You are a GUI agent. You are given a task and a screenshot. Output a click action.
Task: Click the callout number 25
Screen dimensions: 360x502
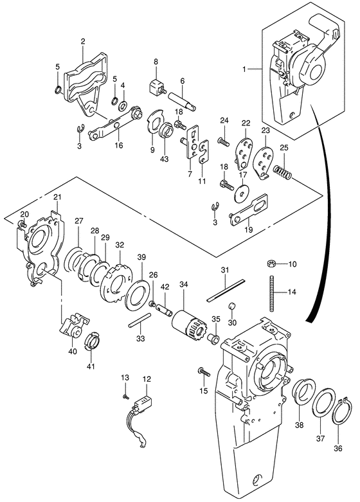point(283,148)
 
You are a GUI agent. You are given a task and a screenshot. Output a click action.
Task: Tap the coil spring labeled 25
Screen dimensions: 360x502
point(282,172)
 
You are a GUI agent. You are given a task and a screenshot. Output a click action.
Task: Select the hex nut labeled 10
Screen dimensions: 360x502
point(271,264)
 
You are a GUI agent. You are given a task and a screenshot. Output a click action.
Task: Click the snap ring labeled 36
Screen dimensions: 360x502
point(341,411)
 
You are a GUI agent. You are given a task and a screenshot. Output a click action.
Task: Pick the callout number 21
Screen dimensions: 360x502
point(57,197)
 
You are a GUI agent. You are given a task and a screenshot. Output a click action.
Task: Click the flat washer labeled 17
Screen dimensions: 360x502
point(242,193)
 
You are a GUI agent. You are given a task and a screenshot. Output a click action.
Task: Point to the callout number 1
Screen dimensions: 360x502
point(244,69)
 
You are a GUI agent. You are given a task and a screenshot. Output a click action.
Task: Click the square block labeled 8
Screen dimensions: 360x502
point(157,87)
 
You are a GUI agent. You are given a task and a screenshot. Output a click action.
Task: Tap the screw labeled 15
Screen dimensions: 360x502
point(204,372)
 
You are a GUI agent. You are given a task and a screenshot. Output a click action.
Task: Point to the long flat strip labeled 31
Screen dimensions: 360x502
point(226,291)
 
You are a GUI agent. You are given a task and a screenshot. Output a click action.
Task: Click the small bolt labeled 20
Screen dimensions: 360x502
point(22,223)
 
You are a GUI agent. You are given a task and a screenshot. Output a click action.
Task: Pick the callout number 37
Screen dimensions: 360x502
point(321,438)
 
